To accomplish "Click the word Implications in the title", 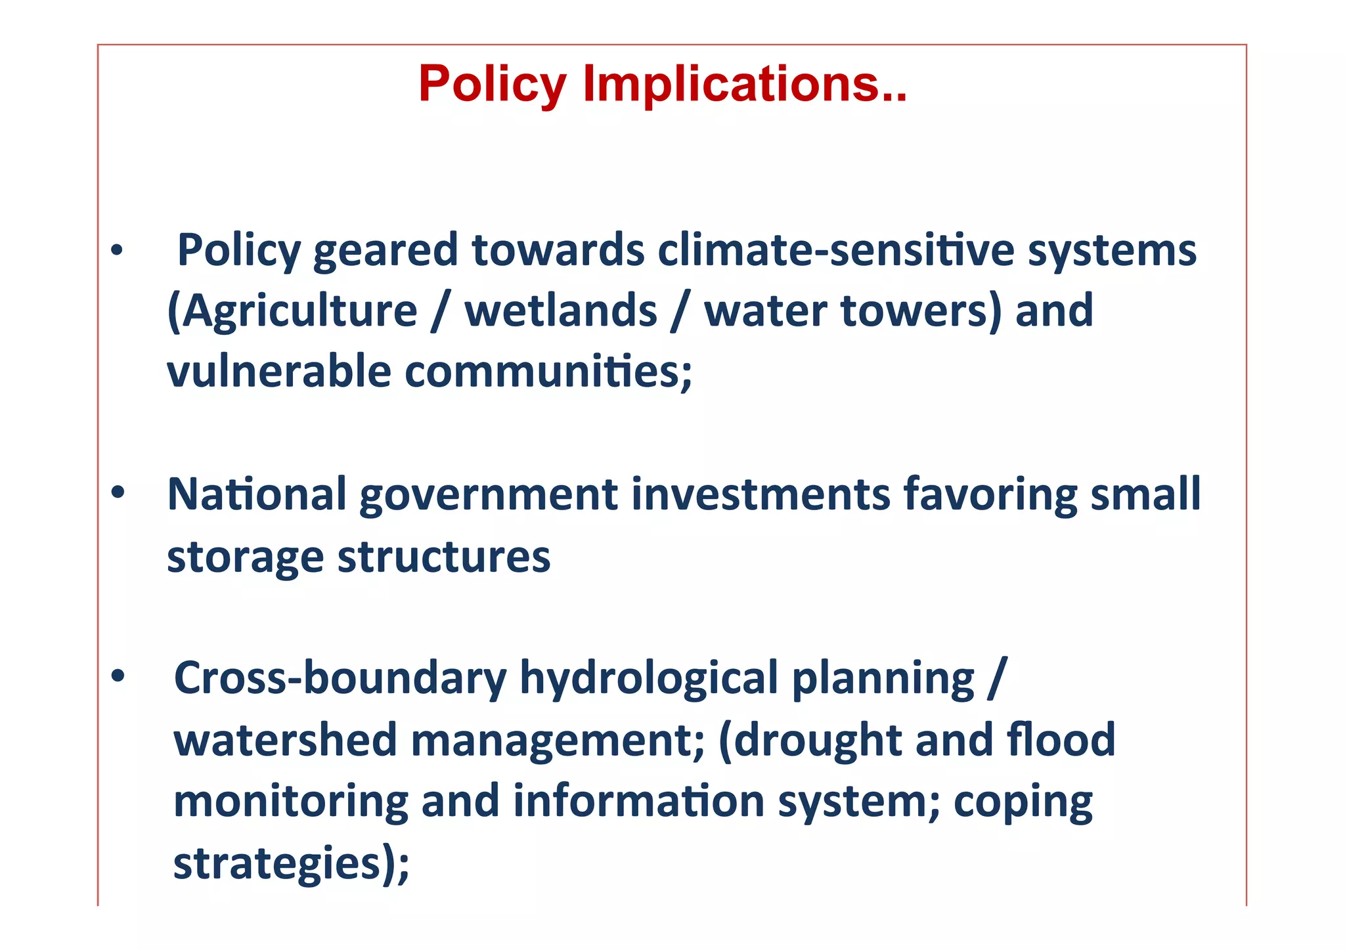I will click(745, 85).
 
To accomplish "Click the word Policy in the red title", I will click(492, 85).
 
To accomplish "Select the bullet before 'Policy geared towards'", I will click(117, 251).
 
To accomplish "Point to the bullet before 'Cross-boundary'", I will click(118, 676).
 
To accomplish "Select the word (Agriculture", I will click(292, 311).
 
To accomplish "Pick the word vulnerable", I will click(279, 372).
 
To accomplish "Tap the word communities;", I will click(548, 372).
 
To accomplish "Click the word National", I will click(257, 494).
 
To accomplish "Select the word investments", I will click(761, 494).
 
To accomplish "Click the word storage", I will click(245, 557).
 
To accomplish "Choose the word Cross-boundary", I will click(340, 678).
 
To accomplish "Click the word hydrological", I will click(649, 678).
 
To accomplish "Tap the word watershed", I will click(285, 739).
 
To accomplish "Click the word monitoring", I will click(290, 801).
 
